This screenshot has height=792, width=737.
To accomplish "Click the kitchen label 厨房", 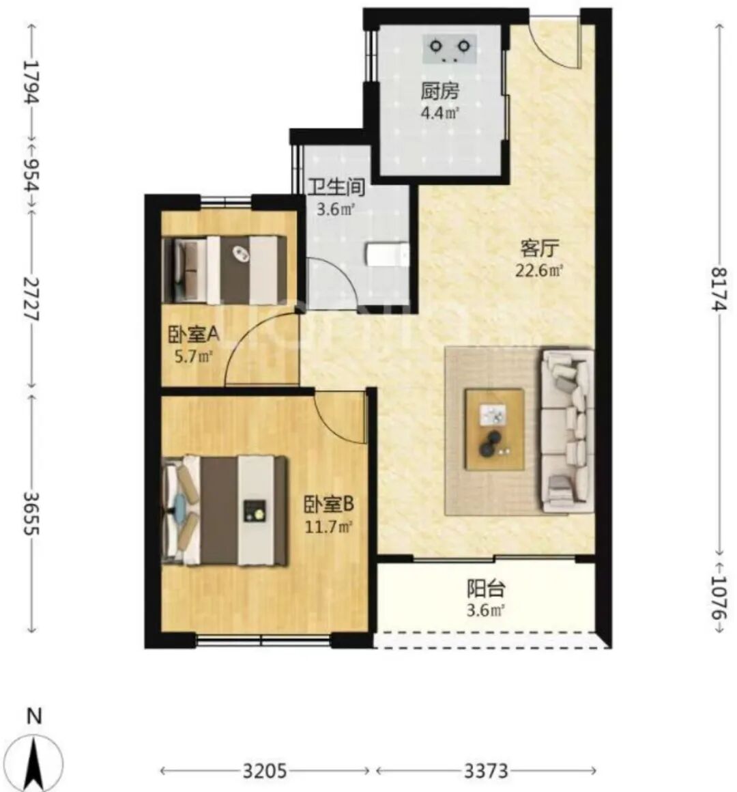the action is coord(440,91).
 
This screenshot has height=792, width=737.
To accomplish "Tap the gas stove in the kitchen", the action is coord(449,49).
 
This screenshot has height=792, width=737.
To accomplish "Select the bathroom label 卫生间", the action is coord(336,187).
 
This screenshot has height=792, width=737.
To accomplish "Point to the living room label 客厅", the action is coord(539,249).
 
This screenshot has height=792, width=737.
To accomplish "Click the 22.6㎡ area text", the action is coord(539,271).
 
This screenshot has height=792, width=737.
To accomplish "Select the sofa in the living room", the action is coord(567,431).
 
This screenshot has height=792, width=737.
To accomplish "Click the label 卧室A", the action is coord(193,334).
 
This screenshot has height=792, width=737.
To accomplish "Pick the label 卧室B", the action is coord(329,504).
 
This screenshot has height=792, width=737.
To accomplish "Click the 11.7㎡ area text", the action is coord(329,527).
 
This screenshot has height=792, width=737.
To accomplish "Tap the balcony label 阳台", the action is coord(486,589).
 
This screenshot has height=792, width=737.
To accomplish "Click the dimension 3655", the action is coord(31,513).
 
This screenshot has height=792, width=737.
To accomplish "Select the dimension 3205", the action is coord(265,771).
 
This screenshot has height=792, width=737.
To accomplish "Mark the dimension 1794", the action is coord(31,82).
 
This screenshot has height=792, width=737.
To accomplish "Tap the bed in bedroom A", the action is coord(225,270).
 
